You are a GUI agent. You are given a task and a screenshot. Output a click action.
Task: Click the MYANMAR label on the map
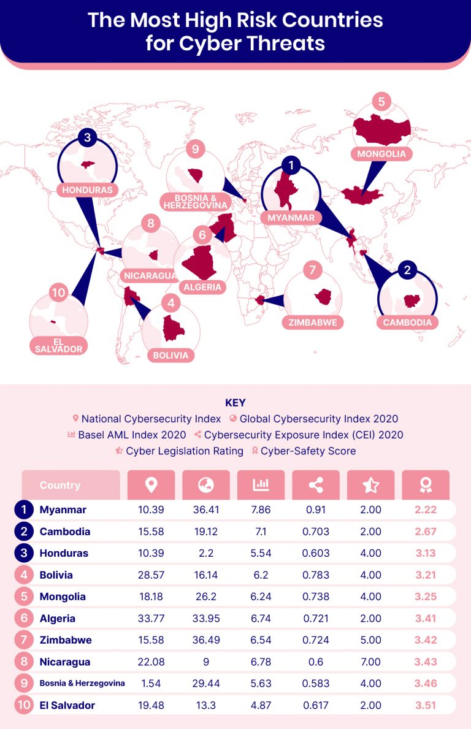[291, 218]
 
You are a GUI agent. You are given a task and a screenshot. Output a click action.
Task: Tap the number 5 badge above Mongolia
[381, 101]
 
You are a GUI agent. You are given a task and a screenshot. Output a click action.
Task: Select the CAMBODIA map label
[407, 322]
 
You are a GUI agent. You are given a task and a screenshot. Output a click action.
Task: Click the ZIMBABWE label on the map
[313, 322]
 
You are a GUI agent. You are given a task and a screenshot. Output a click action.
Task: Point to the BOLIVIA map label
[171, 355]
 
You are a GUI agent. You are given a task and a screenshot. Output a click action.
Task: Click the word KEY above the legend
[235, 403]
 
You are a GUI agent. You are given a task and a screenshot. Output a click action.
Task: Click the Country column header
[71, 485]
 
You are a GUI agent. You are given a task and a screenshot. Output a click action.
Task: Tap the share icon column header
[316, 485]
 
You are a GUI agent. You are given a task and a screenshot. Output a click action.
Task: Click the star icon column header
[370, 485]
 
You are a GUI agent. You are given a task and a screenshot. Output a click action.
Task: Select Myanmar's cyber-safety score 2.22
[426, 510]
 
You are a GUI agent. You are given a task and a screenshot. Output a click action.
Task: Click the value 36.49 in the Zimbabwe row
[205, 640]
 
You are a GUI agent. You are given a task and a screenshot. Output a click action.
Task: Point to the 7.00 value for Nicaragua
[370, 662]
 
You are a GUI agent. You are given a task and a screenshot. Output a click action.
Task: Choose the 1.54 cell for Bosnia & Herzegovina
[151, 684]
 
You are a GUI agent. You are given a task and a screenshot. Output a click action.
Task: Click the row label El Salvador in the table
[67, 705]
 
